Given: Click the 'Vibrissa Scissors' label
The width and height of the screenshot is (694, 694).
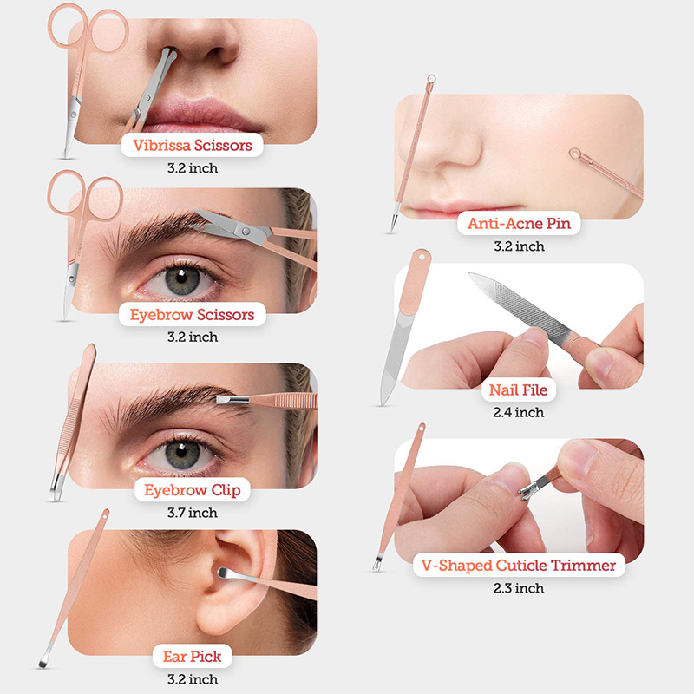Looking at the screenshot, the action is pos(192,145).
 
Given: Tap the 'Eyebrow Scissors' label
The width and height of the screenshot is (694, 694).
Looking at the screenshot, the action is pos(192,315).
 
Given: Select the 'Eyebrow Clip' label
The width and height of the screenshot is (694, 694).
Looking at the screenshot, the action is pos(193,490).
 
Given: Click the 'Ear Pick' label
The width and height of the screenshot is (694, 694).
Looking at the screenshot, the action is pos(192,657).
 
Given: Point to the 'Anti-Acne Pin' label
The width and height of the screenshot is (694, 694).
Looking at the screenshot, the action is pos(519,223).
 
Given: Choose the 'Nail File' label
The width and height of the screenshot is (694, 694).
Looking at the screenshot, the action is pos(518,390).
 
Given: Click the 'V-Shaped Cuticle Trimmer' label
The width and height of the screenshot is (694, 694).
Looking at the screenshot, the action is pos(519,566).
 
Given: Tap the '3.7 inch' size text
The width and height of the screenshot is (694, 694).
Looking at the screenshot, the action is pos(193,513).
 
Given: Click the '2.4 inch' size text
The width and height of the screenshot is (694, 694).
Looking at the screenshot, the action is pos(519,413).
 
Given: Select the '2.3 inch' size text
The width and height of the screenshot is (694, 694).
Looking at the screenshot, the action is pos(519,588).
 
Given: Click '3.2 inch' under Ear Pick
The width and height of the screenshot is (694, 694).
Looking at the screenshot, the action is pos(193,679).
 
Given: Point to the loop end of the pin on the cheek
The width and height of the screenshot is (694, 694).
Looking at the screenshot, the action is pos(575,154).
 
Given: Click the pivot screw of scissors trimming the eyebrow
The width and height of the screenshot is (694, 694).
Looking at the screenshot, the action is pos(246,231).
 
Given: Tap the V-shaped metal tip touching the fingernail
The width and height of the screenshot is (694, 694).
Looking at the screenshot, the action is pos(527,491).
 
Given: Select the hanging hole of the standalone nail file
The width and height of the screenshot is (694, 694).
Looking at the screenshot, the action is pos(421,256).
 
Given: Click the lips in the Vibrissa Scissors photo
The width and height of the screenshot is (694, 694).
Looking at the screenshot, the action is pos(200,115).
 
